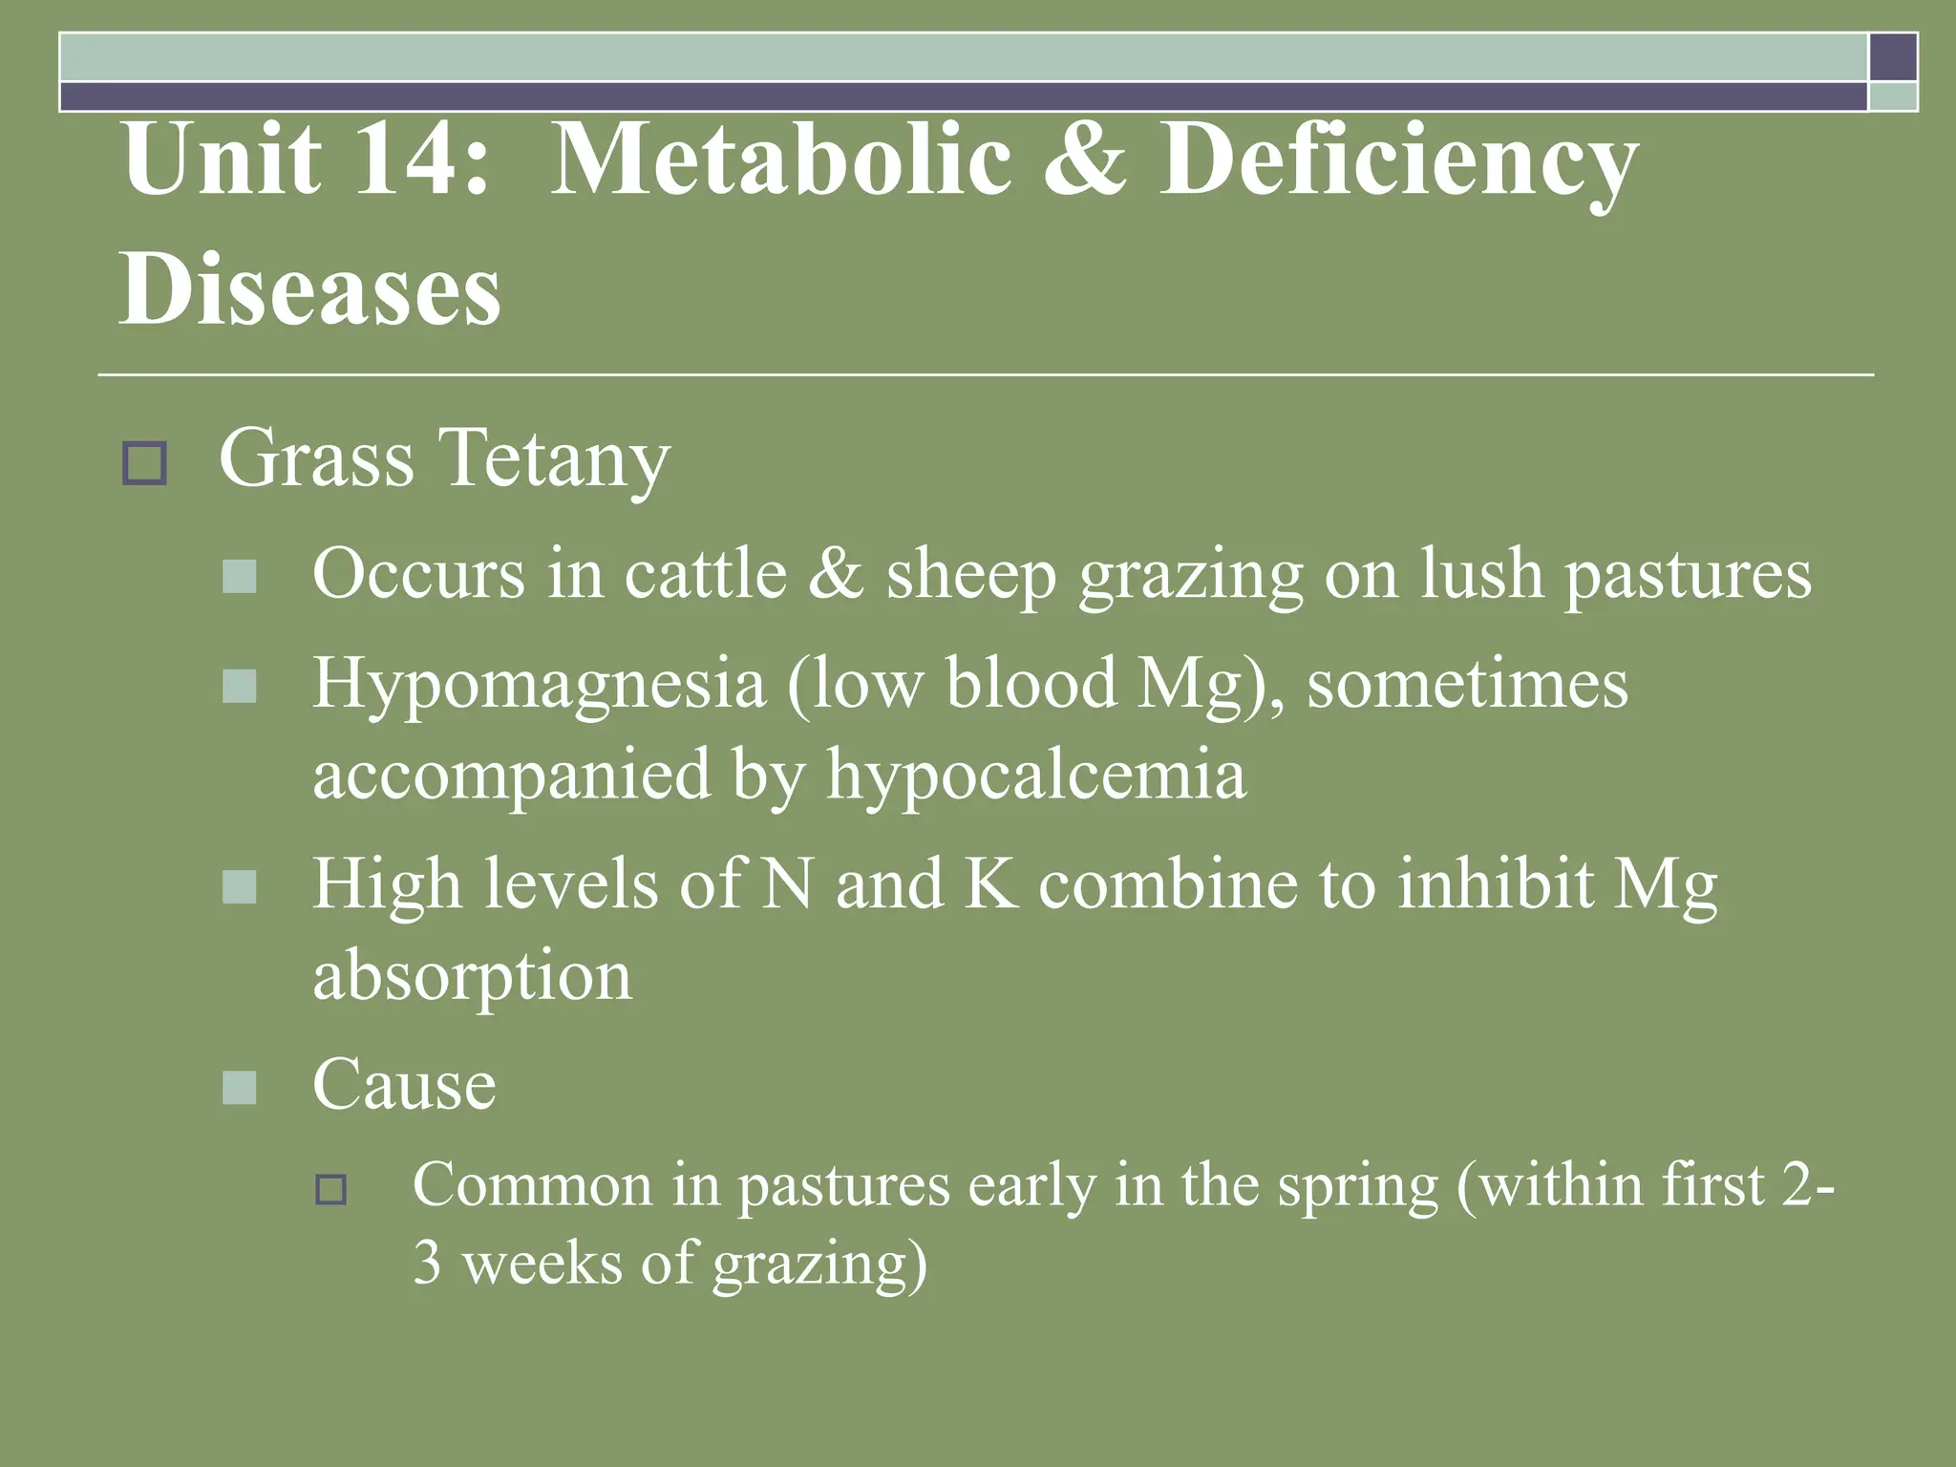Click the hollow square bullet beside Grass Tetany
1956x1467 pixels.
[144, 463]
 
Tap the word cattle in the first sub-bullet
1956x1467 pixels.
[705, 574]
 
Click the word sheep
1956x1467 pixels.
[970, 576]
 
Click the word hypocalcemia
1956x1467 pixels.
[1036, 775]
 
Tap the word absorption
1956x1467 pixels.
[472, 977]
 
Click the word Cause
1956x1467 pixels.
[404, 1085]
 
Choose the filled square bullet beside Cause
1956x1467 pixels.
[239, 1087]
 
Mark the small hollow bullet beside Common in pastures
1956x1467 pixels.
[331, 1190]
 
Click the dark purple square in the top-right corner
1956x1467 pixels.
[1893, 56]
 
